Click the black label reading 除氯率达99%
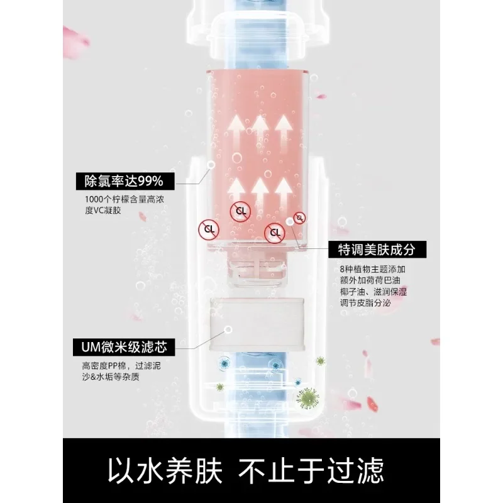pyautogui.click(x=124, y=181)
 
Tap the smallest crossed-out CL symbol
pyautogui.click(x=301, y=218)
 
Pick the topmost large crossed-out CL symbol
pyautogui.click(x=240, y=210)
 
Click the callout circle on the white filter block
pyautogui.click(x=229, y=329)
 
